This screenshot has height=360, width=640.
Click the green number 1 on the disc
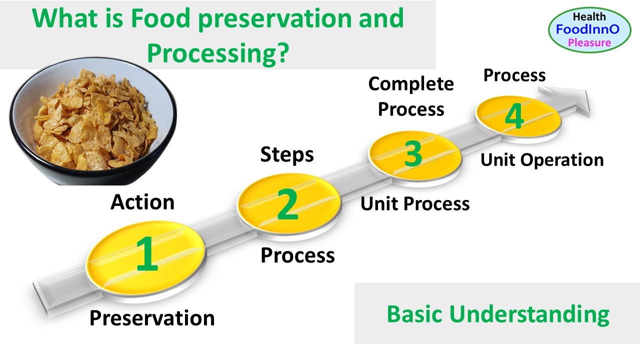(147, 254)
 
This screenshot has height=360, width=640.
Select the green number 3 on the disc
(413, 153)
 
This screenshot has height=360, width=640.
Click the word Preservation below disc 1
(152, 318)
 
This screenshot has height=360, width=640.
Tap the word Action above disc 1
(142, 202)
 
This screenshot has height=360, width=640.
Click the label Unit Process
(415, 203)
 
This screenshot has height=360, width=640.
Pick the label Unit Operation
(542, 160)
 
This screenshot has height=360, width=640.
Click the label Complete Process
(411, 96)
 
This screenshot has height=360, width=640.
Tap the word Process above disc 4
(514, 75)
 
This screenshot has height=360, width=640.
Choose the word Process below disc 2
(297, 255)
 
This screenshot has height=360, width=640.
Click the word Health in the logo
(589, 16)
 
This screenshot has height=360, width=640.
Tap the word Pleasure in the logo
(589, 42)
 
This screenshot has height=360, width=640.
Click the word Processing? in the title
(218, 51)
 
